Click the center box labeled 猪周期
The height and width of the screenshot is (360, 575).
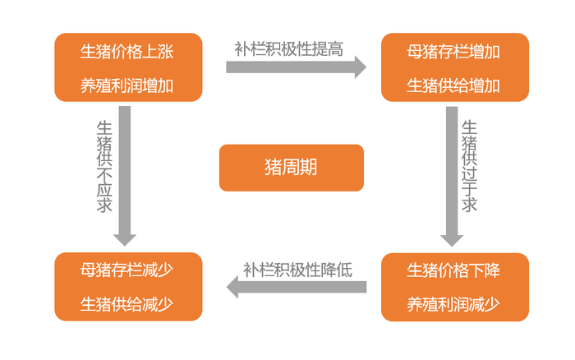[x=291, y=168]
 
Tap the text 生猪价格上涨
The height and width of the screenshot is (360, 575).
[x=127, y=52]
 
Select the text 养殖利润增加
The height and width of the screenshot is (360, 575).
[x=127, y=85]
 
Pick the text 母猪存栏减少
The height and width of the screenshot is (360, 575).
[x=127, y=269]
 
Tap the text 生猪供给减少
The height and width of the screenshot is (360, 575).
[x=127, y=302]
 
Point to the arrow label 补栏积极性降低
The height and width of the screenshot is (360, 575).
[x=297, y=268]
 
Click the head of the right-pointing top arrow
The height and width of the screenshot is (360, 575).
[x=360, y=67]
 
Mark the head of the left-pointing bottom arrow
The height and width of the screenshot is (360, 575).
[x=232, y=287]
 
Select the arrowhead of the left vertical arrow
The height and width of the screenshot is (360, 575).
[x=124, y=238]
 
